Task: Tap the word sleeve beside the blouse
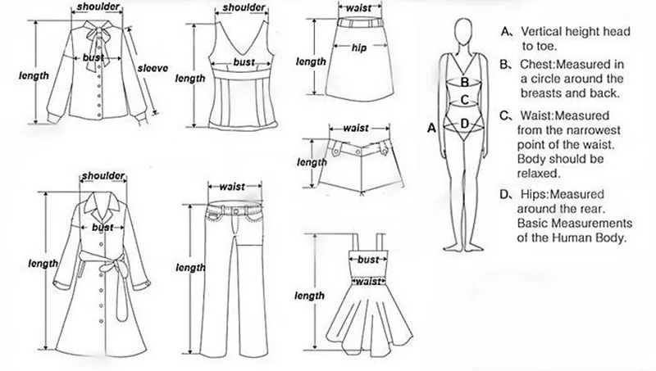pos(152,69)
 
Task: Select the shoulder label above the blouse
pos(97,7)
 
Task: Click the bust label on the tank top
pos(244,62)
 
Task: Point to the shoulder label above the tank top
pos(244,8)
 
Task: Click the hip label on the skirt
pos(358,48)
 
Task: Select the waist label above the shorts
pos(354,128)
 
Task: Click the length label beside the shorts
pos(311,162)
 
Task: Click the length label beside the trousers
pos(191,268)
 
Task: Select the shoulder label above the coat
pos(102,176)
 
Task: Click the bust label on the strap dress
pos(368,260)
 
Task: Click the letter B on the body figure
pos(464,82)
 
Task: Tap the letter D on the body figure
pos(464,124)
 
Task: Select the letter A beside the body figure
pos(430,128)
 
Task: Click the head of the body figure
pos(465,33)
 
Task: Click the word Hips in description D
pos(534,194)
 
